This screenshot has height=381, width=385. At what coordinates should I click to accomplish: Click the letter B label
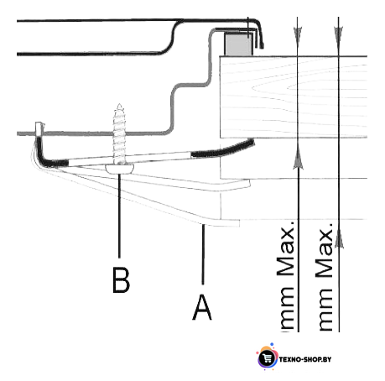click(121, 280)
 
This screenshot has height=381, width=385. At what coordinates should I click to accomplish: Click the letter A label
click(202, 307)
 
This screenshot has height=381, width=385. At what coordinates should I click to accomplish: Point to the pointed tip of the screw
click(120, 104)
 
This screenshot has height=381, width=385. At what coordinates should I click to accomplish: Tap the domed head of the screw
click(120, 169)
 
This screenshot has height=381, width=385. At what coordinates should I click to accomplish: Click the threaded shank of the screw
click(119, 134)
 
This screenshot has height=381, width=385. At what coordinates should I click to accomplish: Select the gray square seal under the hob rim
click(238, 44)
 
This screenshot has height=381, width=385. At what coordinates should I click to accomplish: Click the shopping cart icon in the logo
click(267, 358)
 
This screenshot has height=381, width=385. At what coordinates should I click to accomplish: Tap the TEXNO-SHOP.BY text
click(305, 359)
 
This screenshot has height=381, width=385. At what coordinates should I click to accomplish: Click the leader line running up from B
click(120, 216)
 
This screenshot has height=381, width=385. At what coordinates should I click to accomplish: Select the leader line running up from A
click(203, 254)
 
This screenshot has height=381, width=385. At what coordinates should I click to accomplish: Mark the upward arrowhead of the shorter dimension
click(299, 159)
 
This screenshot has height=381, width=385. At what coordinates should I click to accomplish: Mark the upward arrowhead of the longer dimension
click(339, 238)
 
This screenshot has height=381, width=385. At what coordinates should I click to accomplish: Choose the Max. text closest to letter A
click(285, 249)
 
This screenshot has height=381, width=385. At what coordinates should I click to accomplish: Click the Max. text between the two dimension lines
click(325, 250)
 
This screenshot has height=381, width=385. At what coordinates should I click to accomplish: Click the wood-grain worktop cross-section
click(294, 97)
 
